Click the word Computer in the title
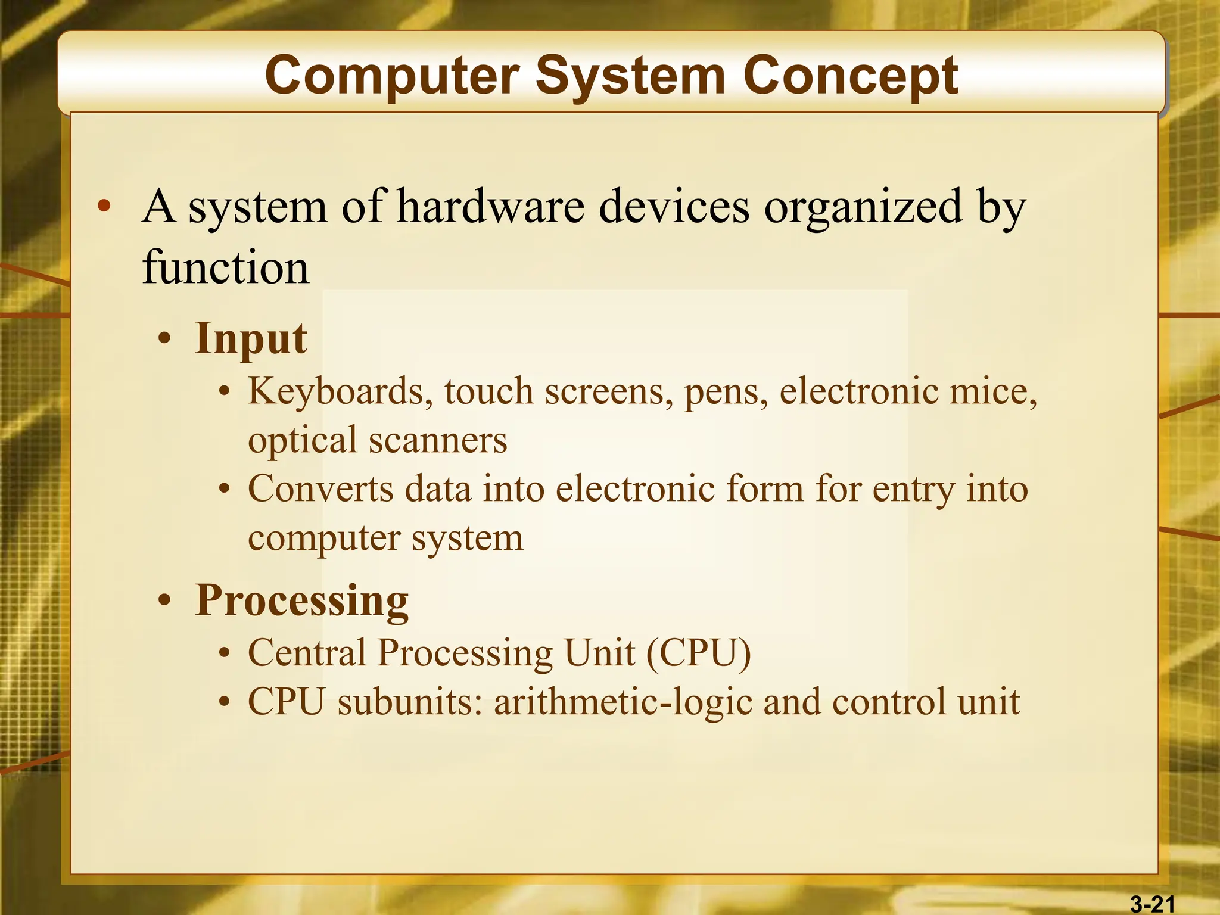(393, 76)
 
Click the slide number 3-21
(1152, 904)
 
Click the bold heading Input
(251, 338)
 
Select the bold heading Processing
(301, 600)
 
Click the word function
(226, 267)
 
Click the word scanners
(438, 440)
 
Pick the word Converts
(320, 489)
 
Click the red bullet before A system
(104, 207)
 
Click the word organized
(863, 206)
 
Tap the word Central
(307, 653)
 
